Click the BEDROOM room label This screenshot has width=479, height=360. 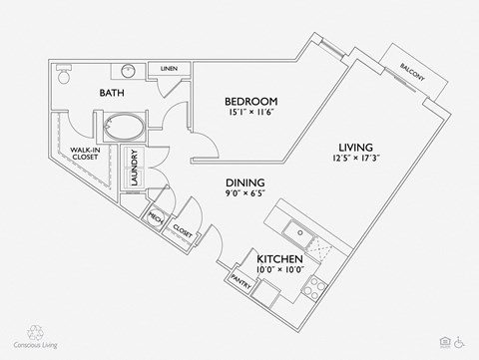[x=250, y=102]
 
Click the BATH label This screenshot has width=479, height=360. [x=111, y=93]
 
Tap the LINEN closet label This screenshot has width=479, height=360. [x=169, y=69]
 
